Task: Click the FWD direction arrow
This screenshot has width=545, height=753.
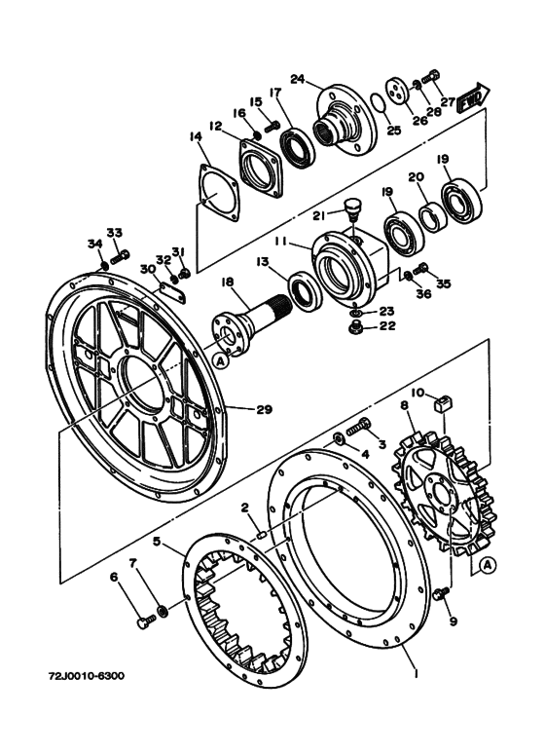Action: pos(474,98)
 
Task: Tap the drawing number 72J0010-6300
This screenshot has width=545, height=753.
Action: pos(87,676)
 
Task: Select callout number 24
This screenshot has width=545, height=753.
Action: pos(298,78)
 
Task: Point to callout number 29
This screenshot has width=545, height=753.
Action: pos(265,409)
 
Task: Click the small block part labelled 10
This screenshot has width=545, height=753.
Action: pos(442,402)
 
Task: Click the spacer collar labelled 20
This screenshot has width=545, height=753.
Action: pos(434,218)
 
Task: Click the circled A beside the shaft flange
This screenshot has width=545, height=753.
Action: pos(220,361)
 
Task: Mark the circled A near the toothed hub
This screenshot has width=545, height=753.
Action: pos(488,566)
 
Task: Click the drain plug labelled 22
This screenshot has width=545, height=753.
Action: pos(355,328)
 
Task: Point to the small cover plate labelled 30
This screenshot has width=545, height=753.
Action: pos(172,292)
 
